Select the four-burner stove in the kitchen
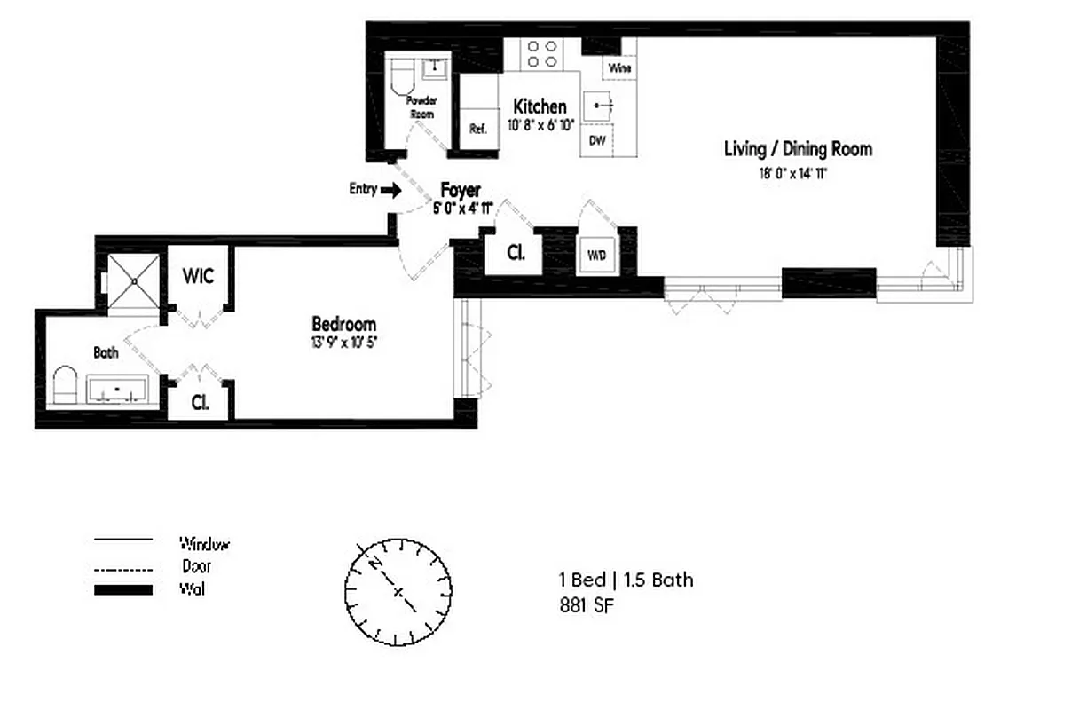coord(542,54)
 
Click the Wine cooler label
coord(620,68)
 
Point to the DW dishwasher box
coord(596,140)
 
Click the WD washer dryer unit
coord(597,255)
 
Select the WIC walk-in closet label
coord(198,276)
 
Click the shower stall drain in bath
coord(134,280)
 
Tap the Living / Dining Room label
coord(798,149)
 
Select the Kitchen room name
coord(540,107)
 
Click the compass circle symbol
coord(396,590)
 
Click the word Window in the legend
coord(204,544)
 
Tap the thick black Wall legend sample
coord(123,589)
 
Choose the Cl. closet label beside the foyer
coord(516,251)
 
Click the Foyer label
coord(461,190)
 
